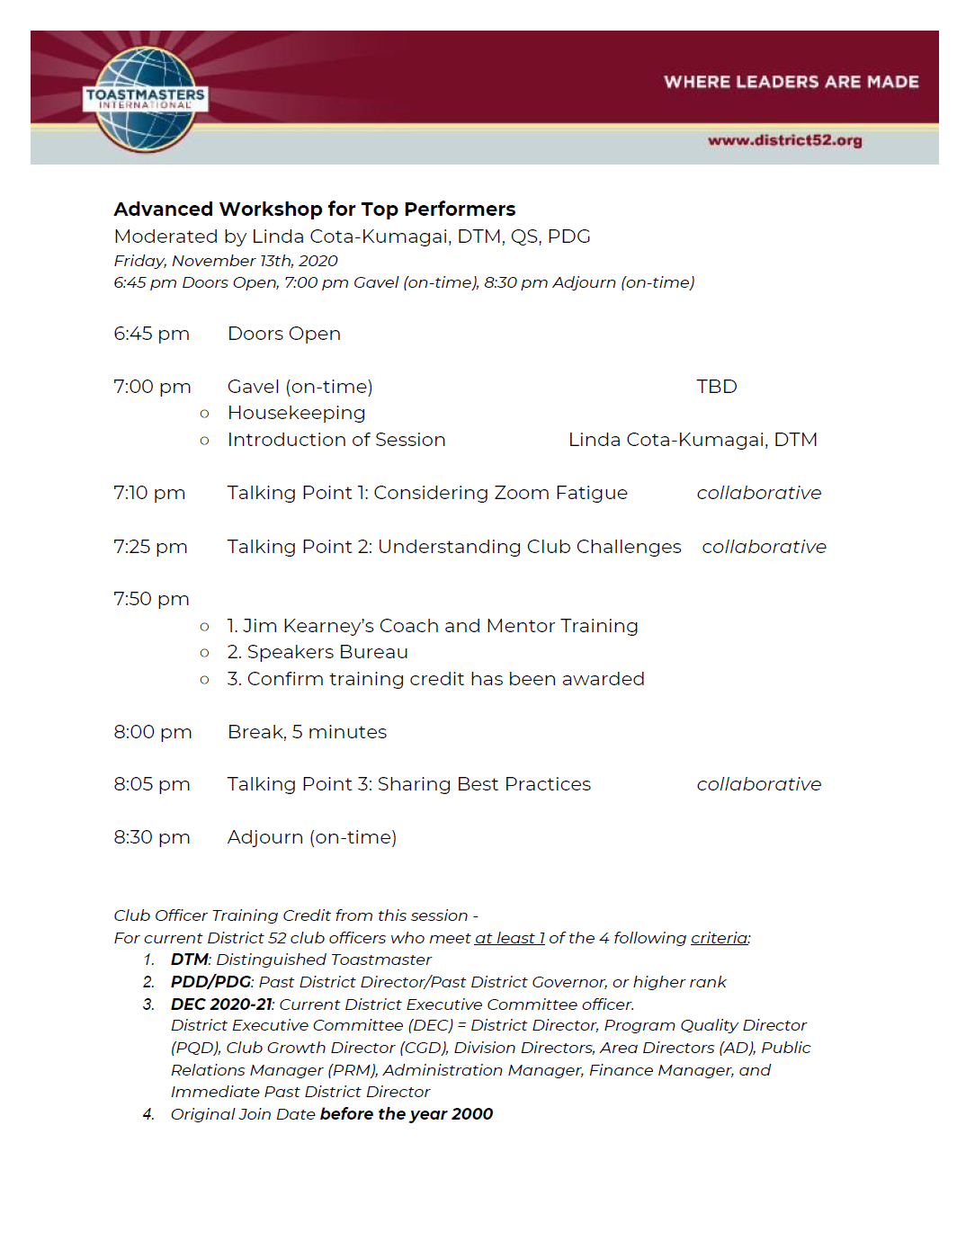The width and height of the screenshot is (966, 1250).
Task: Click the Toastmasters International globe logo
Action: coord(145,98)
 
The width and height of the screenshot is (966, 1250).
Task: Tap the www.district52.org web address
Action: coord(784,140)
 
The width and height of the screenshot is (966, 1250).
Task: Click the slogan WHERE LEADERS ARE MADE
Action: coord(791,82)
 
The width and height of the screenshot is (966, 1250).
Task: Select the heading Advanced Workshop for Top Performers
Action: coord(314,210)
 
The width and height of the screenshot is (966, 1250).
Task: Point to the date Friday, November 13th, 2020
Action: coord(226,261)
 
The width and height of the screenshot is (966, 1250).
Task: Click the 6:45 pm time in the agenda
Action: coord(151,334)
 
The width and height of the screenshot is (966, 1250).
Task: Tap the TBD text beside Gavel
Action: coord(716,387)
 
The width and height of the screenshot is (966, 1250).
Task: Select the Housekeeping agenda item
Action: coord(296,413)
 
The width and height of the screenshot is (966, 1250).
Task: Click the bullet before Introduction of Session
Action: coord(205,441)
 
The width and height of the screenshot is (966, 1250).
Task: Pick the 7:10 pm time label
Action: coord(149,493)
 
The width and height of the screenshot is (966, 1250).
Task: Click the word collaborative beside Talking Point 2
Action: coord(764,547)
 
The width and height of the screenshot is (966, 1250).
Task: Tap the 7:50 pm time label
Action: coord(151,599)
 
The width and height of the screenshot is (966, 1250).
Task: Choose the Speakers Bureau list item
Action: coord(318,652)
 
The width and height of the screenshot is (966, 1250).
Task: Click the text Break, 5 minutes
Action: coord(307,732)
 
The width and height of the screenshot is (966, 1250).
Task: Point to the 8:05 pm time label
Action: coord(151,784)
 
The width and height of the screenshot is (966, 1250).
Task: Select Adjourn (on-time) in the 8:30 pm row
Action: coord(311,837)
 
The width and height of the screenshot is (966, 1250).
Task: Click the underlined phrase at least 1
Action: coord(509,938)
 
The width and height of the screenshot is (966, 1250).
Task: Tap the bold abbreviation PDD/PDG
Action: coord(210,982)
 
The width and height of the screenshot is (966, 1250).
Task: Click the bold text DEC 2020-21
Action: coord(220,1004)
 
